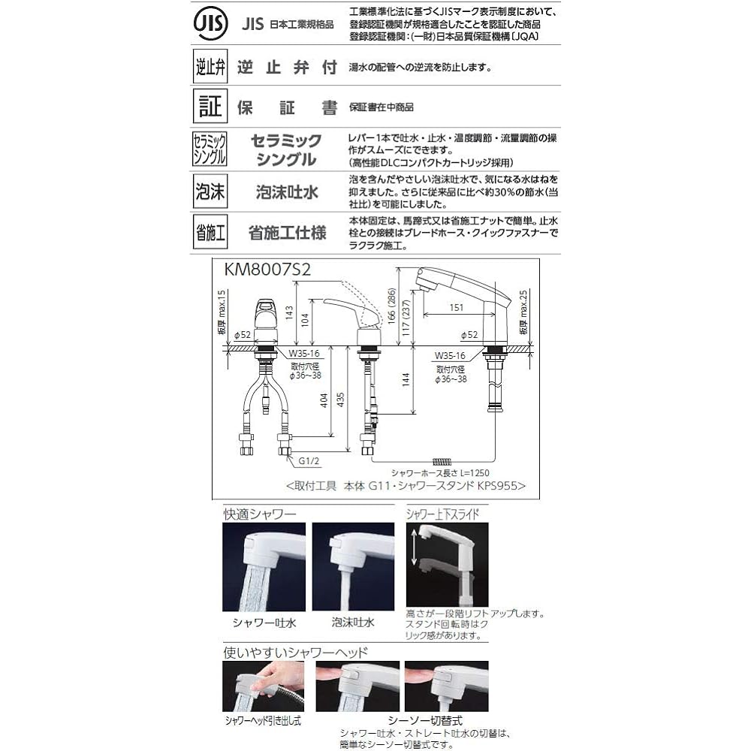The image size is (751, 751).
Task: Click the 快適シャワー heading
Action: pyautogui.click(x=260, y=515)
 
